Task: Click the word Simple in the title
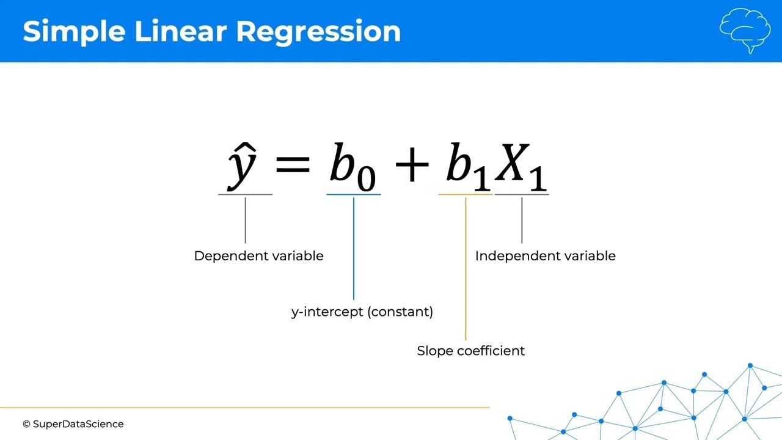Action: tap(74, 32)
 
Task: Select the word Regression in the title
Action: tap(318, 32)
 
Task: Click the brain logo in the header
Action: tap(745, 31)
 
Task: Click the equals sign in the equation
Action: tap(293, 164)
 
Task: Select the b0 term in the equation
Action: tap(353, 167)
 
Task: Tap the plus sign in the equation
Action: tap(412, 164)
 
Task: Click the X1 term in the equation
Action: tap(521, 167)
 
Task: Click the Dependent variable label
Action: tap(258, 256)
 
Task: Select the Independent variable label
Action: tap(546, 256)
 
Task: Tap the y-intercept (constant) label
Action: tap(362, 312)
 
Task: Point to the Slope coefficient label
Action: tap(470, 351)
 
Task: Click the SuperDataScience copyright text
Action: tap(73, 424)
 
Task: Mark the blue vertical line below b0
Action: tap(354, 249)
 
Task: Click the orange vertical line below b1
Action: tap(466, 269)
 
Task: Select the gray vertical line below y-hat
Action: tap(246, 221)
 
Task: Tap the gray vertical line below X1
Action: tap(522, 221)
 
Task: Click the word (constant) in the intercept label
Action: tap(400, 312)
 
